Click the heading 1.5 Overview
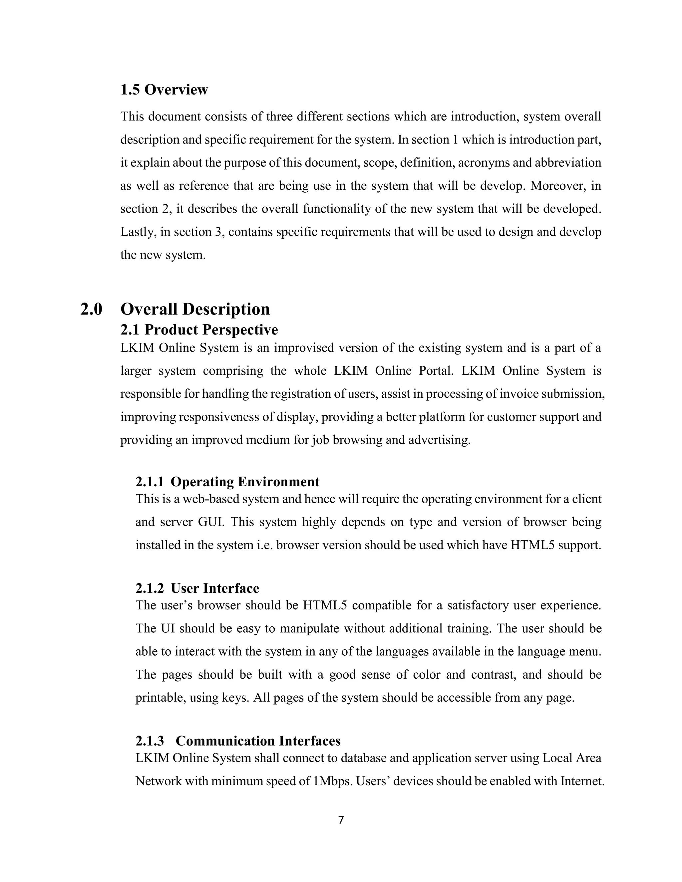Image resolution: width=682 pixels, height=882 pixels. click(164, 90)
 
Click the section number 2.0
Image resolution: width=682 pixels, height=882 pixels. click(91, 309)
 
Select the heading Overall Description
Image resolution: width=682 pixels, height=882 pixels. click(195, 309)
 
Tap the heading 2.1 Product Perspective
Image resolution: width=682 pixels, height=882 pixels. click(199, 330)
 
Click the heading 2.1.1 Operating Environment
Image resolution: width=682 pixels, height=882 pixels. click(227, 482)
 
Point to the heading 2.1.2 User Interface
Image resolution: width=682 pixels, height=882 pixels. click(197, 588)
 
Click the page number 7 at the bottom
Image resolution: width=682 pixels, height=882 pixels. click(341, 820)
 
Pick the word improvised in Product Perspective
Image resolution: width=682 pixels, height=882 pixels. click(304, 348)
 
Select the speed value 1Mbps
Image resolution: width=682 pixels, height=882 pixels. click(333, 781)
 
